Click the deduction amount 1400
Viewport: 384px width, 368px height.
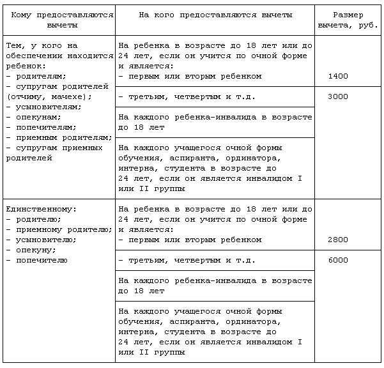[x=337, y=77]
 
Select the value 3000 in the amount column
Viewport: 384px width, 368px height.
[x=337, y=97]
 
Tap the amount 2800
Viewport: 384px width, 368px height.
[x=337, y=240]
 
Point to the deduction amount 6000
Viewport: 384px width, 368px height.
[x=337, y=261]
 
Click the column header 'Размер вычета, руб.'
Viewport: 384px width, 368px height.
[x=348, y=20]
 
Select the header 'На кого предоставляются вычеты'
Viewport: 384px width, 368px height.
[x=215, y=15]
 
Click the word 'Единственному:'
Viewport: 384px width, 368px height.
[x=41, y=210]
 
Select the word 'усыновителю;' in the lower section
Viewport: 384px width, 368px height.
[x=45, y=240]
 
